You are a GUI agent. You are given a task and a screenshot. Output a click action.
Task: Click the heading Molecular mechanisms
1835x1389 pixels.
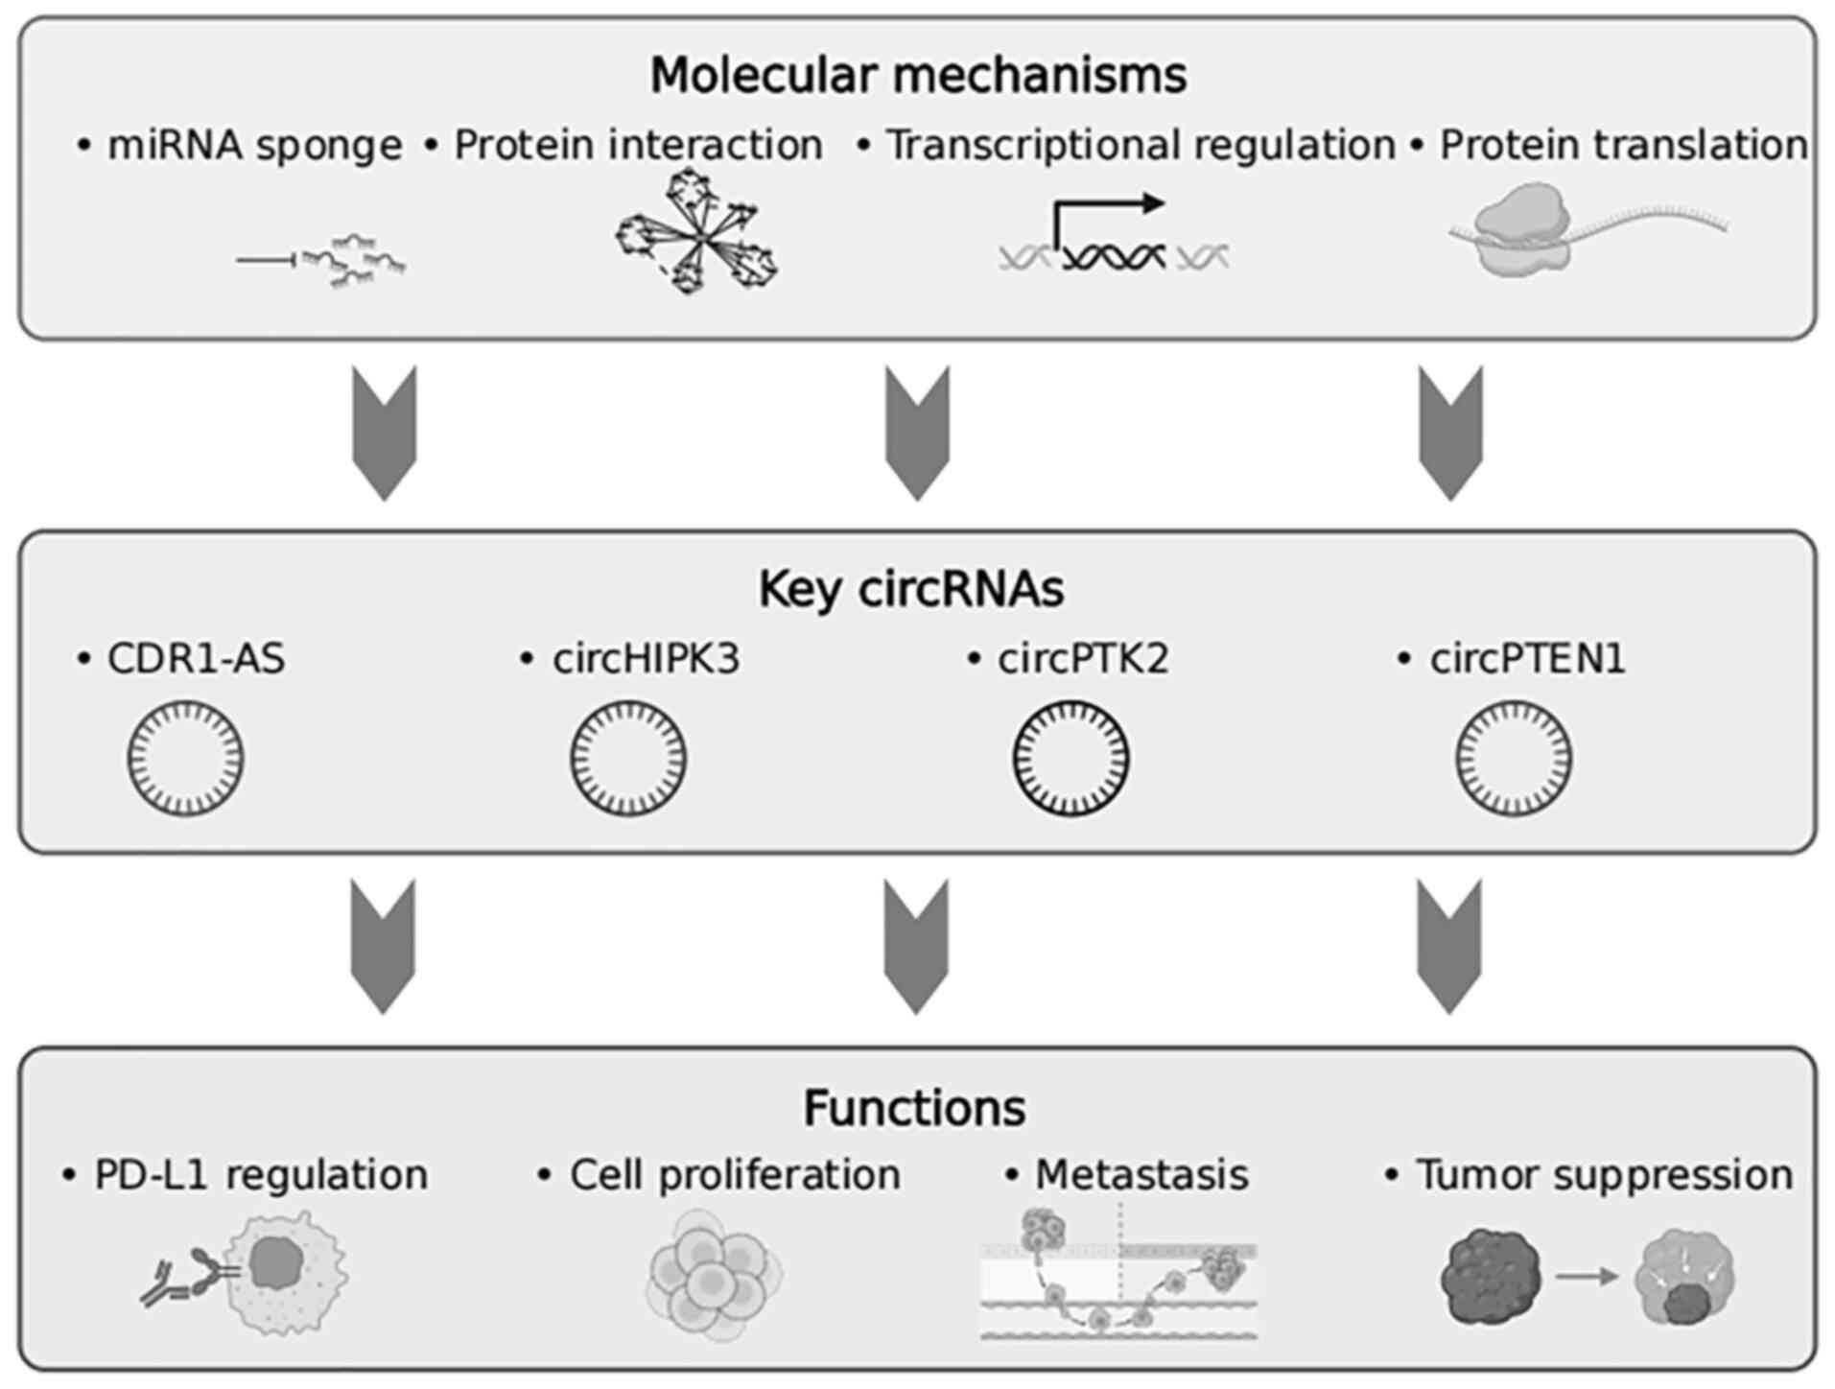point(918,76)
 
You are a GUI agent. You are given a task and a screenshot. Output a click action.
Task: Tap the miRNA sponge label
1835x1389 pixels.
point(254,146)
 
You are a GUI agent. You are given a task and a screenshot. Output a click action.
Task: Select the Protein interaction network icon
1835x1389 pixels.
point(696,232)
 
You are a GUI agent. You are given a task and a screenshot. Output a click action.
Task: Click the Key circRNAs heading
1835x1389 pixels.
point(911,589)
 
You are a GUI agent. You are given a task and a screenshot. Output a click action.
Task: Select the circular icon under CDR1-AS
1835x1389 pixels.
point(185,758)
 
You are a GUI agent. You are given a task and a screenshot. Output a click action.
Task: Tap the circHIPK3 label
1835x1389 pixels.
point(645,659)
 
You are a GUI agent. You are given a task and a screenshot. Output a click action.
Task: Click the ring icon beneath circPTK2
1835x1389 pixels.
point(1070,758)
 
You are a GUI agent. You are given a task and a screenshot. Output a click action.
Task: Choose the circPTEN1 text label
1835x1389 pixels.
point(1526,659)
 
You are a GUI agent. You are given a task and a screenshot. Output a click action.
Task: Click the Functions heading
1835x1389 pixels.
point(914,1108)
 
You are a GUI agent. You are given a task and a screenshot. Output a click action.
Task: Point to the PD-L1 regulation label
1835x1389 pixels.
point(260,1175)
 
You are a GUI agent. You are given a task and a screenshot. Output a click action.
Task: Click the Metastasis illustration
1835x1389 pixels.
point(1118,1274)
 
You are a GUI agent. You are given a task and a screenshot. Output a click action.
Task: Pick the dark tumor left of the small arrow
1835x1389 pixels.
point(1490,1278)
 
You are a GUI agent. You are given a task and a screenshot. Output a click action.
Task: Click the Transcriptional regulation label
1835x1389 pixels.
point(1140,146)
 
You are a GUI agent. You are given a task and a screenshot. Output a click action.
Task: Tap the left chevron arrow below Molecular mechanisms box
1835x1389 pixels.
point(385,432)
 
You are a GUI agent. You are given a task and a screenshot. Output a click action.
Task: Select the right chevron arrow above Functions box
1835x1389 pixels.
point(1449,946)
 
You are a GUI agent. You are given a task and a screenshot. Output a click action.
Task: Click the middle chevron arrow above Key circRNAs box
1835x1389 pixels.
point(917,432)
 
